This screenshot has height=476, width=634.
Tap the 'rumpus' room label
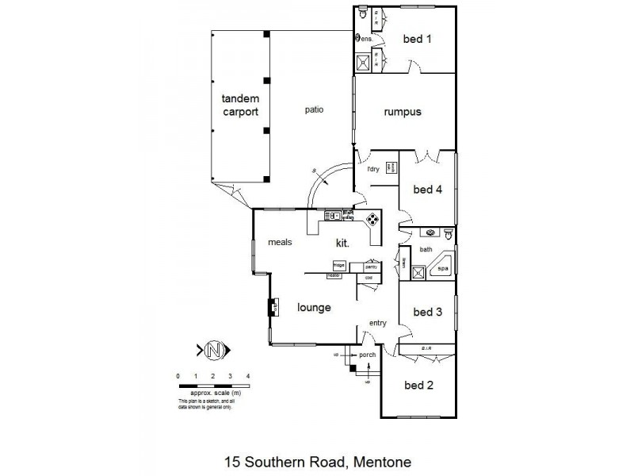pyautogui.click(x=403, y=112)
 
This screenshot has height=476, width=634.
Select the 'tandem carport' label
pyautogui.click(x=240, y=106)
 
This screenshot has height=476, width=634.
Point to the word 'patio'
pyautogui.click(x=314, y=109)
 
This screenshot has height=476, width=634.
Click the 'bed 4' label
pyautogui.click(x=428, y=190)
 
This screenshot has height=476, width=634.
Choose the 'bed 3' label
pyautogui.click(x=428, y=312)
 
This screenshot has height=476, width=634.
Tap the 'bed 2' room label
pyautogui.click(x=419, y=386)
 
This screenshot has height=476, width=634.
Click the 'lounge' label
pyautogui.click(x=314, y=307)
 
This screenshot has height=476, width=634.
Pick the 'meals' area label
pyautogui.click(x=281, y=243)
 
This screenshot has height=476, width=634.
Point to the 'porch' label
pyautogui.click(x=367, y=355)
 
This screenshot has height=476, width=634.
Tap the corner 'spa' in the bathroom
pyautogui.click(x=442, y=271)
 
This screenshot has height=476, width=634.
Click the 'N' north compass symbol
pyautogui.click(x=212, y=349)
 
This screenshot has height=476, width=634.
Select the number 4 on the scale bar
pyautogui.click(x=248, y=375)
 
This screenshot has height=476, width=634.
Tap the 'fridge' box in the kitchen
pyautogui.click(x=338, y=267)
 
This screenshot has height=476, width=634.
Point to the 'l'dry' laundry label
pyautogui.click(x=373, y=170)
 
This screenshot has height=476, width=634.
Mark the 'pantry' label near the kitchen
pyautogui.click(x=370, y=267)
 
